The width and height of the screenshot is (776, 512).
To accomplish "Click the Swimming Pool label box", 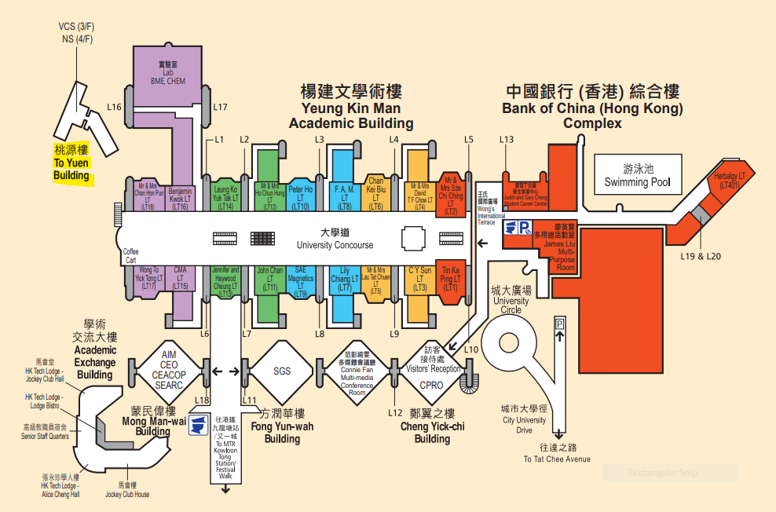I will tap(638, 176).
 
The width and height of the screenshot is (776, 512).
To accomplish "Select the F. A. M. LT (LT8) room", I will tap(345, 197).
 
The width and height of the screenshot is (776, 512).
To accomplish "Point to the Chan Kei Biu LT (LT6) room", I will tap(376, 193).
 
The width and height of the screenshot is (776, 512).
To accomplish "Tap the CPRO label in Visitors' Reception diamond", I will tap(431, 386).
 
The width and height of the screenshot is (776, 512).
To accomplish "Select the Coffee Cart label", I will tap(130, 256).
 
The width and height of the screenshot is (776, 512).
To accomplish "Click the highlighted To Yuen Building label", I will tap(71, 163).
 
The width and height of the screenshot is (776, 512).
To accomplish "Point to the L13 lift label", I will tap(507, 140).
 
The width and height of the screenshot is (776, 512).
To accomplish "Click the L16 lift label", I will tap(115, 107).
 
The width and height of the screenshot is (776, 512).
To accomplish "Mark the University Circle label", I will tap(511, 300).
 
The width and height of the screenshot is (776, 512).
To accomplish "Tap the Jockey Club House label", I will tap(128, 489).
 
